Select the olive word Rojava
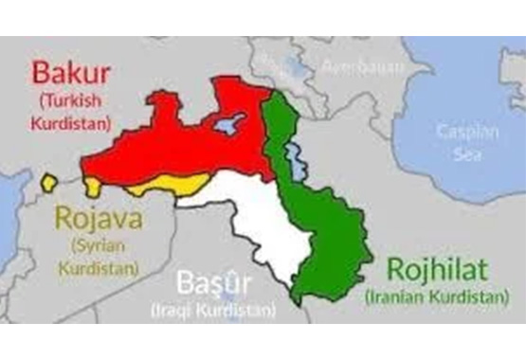click(x=99, y=222)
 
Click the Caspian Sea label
click(x=462, y=142)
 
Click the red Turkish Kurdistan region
click(x=190, y=142)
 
